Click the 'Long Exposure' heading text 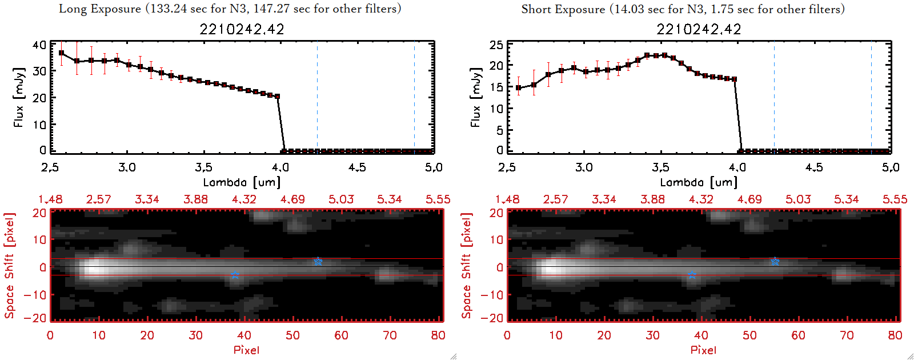tap(100, 9)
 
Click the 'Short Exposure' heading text tap(563, 9)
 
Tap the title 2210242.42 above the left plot tap(242, 29)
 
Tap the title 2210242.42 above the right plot tap(699, 29)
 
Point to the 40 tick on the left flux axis tap(39, 45)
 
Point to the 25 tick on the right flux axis tap(496, 45)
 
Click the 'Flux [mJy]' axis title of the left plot tap(19, 98)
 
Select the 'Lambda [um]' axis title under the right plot tap(699, 182)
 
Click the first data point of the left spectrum tap(62, 53)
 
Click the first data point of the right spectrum tap(518, 88)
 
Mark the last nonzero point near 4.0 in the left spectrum tap(278, 97)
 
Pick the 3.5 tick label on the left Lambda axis tap(203, 167)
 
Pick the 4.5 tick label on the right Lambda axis tap(814, 167)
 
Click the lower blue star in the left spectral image tap(235, 275)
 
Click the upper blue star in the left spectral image tap(318, 261)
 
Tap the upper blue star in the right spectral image tap(775, 261)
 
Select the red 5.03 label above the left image tap(341, 199)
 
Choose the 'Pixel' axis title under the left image tap(246, 350)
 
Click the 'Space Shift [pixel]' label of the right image tap(467, 266)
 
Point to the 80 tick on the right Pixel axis tap(895, 335)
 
